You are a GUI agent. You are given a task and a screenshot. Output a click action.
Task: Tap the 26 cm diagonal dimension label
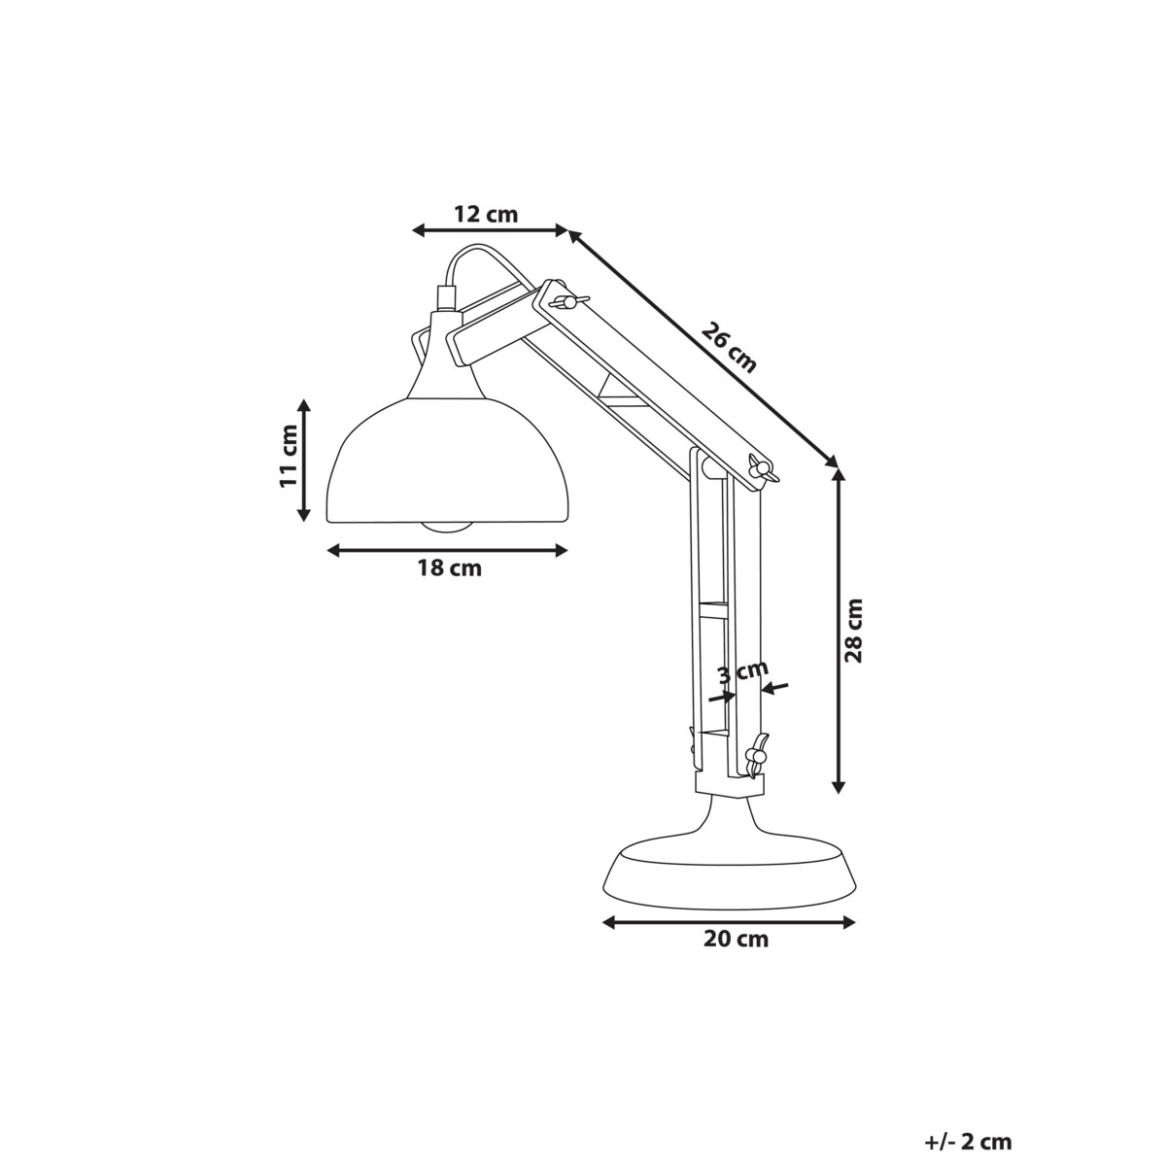tap(728, 348)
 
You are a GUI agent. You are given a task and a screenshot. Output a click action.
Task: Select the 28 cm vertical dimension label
tap(853, 630)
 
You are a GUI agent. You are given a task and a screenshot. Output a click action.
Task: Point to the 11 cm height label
tap(289, 456)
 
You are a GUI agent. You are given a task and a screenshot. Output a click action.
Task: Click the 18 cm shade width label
tap(449, 569)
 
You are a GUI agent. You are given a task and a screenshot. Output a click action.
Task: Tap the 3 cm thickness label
tap(742, 672)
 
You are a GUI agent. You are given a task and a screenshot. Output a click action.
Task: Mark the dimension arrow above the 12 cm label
tap(490, 230)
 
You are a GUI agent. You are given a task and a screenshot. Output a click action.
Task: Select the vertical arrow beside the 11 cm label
tap(305, 458)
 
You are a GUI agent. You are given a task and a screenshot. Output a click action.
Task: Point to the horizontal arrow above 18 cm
tap(447, 551)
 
